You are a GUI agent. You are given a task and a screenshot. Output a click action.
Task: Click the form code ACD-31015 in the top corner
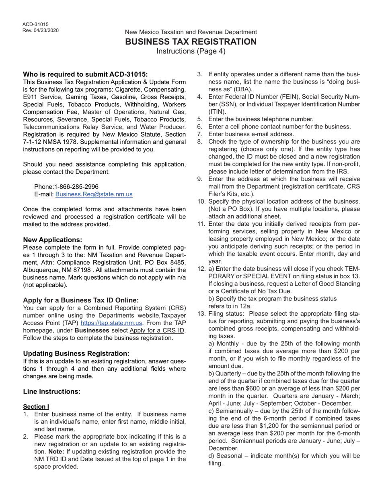(x=35, y=24)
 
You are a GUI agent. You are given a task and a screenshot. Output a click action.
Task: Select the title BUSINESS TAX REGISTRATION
(x=191, y=42)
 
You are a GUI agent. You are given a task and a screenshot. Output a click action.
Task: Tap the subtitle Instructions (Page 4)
(x=191, y=51)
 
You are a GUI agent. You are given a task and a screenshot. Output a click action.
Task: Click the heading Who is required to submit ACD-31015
(x=85, y=74)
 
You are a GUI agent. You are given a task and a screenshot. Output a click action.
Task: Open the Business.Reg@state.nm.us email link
(x=94, y=194)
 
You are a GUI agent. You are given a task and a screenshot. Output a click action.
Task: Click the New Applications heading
(x=52, y=240)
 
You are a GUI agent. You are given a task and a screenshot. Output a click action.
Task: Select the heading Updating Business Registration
(x=76, y=353)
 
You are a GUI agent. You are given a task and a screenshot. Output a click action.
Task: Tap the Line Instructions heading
(x=51, y=392)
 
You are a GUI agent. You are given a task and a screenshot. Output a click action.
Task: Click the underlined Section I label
(x=36, y=407)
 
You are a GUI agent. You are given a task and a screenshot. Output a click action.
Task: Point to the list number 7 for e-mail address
(x=200, y=134)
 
